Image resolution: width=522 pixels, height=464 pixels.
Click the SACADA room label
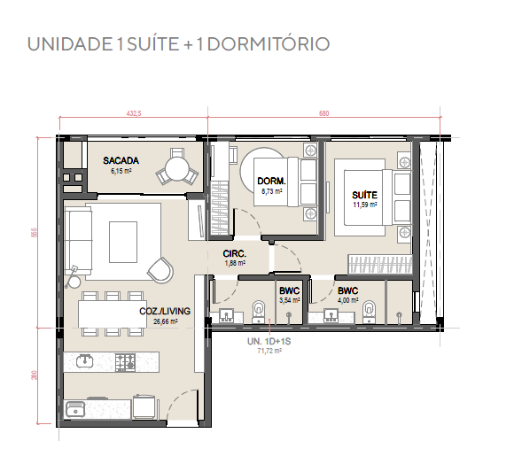pos(121,160)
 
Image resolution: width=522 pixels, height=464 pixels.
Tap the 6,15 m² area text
pos(121,171)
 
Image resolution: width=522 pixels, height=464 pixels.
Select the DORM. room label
pos(272,182)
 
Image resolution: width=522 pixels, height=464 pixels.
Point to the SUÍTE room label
pos(364,195)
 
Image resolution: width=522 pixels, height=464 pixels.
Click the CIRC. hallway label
pos(235,254)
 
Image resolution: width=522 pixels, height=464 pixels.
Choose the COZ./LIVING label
pos(165,312)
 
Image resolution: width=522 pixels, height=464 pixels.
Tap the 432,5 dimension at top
pos(134,113)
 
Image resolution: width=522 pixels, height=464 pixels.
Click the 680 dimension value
pos(323,113)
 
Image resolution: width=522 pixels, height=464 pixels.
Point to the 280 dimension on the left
pos(34,375)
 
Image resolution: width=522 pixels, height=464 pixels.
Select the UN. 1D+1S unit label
pos(269,341)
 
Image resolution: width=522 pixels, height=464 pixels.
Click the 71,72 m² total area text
pos(269,351)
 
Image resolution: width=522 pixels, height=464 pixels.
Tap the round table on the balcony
pos(177,168)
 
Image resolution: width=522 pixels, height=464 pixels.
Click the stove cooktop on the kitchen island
pos(126,362)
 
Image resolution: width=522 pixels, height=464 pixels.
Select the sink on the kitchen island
pos(85,361)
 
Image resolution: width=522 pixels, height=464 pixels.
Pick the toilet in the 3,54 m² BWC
pos(258,312)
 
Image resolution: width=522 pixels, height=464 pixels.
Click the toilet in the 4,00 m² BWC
pos(369,312)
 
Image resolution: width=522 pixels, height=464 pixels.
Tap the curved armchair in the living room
pos(160,270)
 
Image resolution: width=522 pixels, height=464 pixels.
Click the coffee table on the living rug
pos(123,242)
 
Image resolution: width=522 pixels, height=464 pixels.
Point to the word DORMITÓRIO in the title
pos(269,44)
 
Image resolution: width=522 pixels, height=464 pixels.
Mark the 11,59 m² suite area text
pos(365,205)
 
